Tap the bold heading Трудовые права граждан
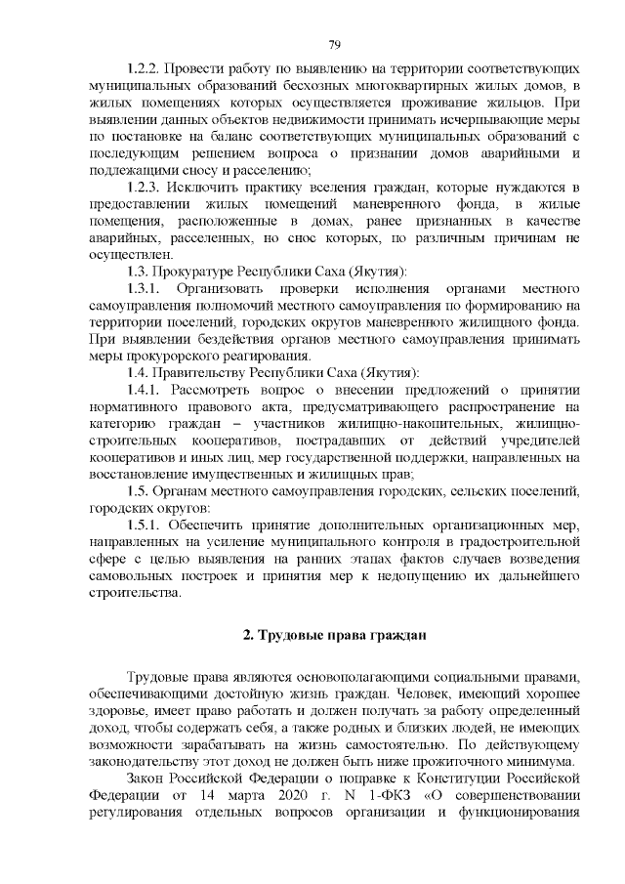click(x=334, y=636)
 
